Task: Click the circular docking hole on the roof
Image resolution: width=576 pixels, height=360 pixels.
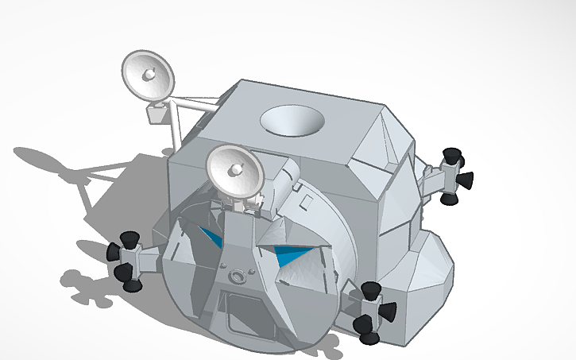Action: [292, 121]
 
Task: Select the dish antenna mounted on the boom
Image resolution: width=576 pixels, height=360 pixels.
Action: [149, 75]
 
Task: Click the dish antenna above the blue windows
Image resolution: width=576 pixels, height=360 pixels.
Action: [236, 171]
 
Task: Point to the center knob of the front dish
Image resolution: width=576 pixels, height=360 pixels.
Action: [236, 170]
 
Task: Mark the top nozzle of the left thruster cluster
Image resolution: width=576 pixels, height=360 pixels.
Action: [129, 238]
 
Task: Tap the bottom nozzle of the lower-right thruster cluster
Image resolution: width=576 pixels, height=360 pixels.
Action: [369, 335]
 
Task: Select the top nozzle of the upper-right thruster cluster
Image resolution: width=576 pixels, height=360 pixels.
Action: [453, 154]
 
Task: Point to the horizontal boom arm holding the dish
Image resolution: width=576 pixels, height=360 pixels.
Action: [195, 103]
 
